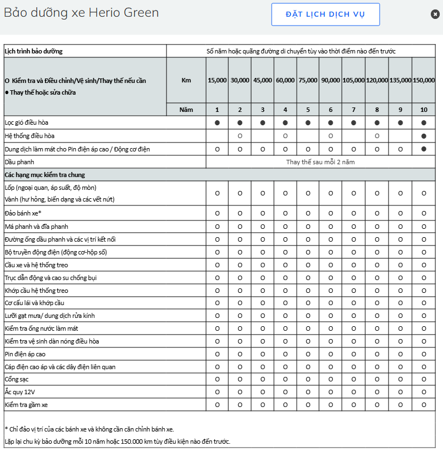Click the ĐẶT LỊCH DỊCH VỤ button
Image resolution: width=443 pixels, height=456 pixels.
pyautogui.click(x=326, y=14)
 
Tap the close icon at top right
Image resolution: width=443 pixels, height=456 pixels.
pyautogui.click(x=435, y=14)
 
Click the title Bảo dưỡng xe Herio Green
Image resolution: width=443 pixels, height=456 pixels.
pyautogui.click(x=81, y=12)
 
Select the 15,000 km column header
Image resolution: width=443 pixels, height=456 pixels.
pyautogui.click(x=217, y=80)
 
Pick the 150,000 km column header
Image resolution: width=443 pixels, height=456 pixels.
pyautogui.click(x=424, y=80)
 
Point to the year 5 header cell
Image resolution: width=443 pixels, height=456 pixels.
pyautogui.click(x=308, y=110)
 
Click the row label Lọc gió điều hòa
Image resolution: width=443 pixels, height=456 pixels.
pyautogui.click(x=30, y=122)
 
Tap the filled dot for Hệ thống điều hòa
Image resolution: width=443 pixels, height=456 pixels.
pyautogui.click(x=424, y=136)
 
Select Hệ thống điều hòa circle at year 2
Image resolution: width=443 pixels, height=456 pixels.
pyautogui.click(x=240, y=136)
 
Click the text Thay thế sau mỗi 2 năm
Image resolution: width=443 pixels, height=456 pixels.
pyautogui.click(x=320, y=162)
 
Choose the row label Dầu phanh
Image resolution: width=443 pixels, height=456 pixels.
pyautogui.click(x=19, y=162)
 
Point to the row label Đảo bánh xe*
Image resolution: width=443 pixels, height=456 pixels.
pyautogui.click(x=23, y=213)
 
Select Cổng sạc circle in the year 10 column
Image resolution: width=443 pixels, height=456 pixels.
pyautogui.click(x=424, y=379)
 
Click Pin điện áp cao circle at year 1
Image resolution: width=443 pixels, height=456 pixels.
pyautogui.click(x=217, y=354)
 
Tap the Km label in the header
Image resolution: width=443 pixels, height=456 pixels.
pyautogui.click(x=186, y=80)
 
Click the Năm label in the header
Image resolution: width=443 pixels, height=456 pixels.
pyautogui.click(x=186, y=110)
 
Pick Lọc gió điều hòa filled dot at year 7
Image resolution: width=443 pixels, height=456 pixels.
pyautogui.click(x=353, y=122)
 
